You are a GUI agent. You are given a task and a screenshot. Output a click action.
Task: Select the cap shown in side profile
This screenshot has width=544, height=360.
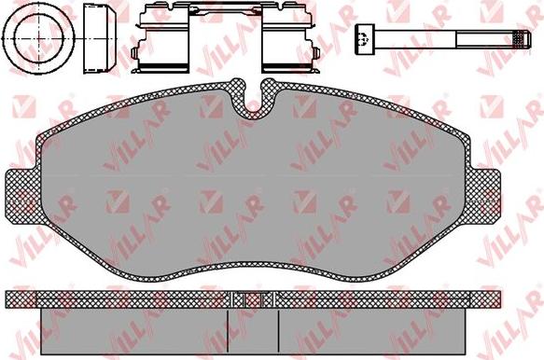pyautogui.click(x=100, y=38)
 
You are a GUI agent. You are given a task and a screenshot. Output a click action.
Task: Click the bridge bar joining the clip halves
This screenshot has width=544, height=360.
pyautogui.click(x=226, y=10)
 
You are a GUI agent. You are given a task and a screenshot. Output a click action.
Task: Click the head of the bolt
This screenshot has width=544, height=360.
pyautogui.click(x=365, y=39)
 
